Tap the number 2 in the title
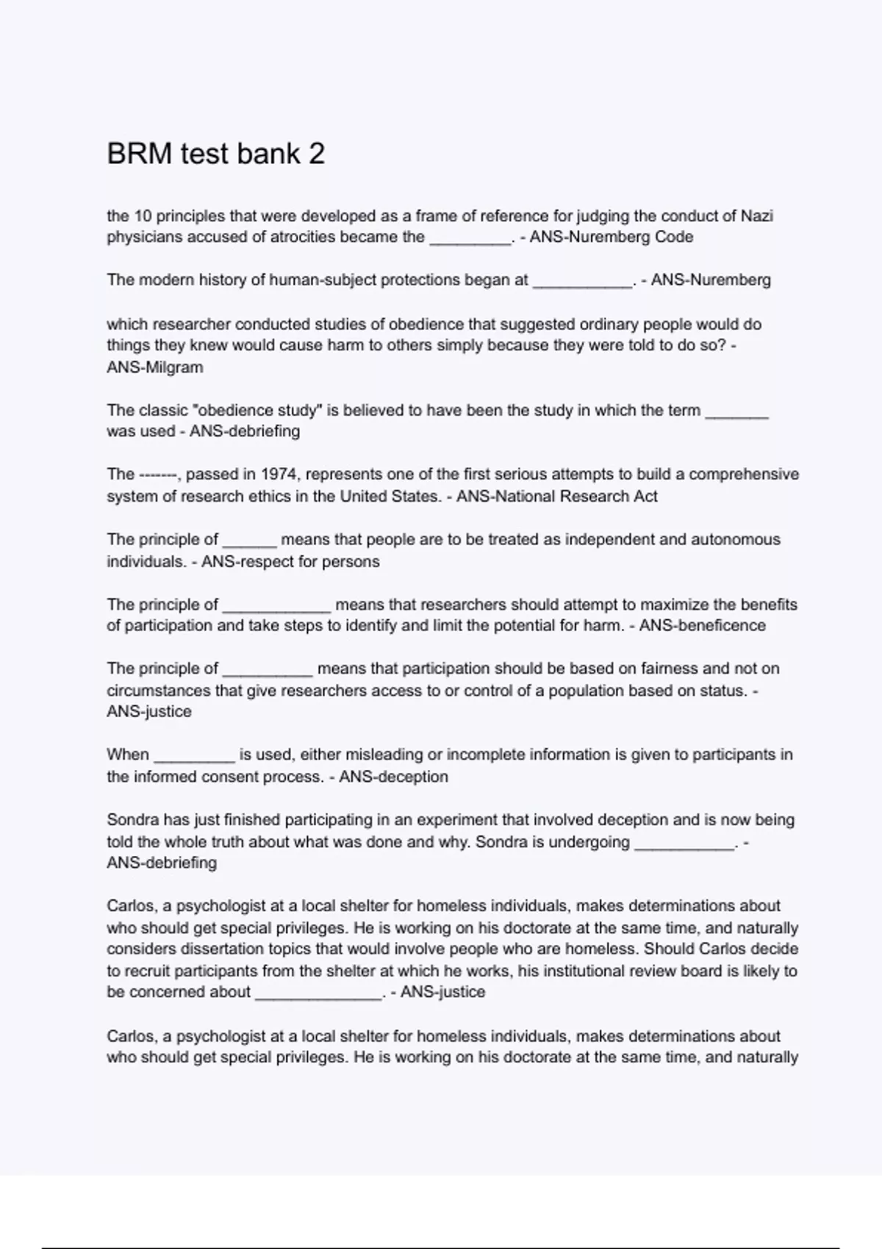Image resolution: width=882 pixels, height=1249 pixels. click(316, 154)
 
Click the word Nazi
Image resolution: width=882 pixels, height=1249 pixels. click(756, 216)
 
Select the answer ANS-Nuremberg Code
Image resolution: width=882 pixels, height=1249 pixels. click(611, 237)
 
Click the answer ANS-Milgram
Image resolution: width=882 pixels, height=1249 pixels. click(155, 367)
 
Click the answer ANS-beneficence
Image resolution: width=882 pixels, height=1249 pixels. click(702, 626)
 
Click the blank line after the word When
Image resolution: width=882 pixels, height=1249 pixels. click(194, 757)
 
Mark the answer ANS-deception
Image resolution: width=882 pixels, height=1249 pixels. click(393, 777)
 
